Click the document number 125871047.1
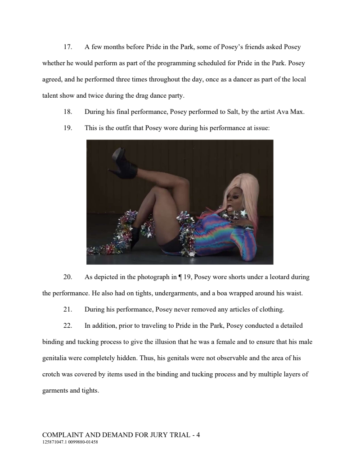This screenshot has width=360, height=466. click(x=54, y=442)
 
